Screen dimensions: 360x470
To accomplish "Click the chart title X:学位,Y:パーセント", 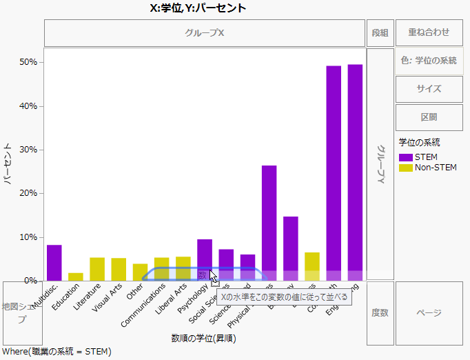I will (x=198, y=8).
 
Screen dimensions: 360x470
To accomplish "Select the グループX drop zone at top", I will (x=205, y=32).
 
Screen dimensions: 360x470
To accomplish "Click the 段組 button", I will (x=380, y=32).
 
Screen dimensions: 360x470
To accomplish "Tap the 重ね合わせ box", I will (x=429, y=32).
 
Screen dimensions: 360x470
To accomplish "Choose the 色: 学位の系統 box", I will (x=429, y=61).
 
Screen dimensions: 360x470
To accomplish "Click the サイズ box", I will (x=429, y=89).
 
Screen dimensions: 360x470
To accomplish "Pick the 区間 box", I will (x=429, y=117).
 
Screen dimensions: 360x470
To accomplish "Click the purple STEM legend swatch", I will (x=406, y=157).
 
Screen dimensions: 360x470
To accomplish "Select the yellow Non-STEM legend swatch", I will (x=406, y=168).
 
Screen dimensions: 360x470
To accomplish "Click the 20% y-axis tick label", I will (x=30, y=193).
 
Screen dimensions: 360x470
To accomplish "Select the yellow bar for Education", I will (x=76, y=277).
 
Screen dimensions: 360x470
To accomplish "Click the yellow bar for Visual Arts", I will (x=119, y=269).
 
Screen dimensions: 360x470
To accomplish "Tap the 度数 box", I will (x=380, y=313).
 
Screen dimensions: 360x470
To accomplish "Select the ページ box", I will (x=429, y=313).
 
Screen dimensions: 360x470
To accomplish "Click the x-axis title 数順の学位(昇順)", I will (x=205, y=337).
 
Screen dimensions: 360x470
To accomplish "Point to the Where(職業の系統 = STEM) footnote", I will (x=56, y=352).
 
